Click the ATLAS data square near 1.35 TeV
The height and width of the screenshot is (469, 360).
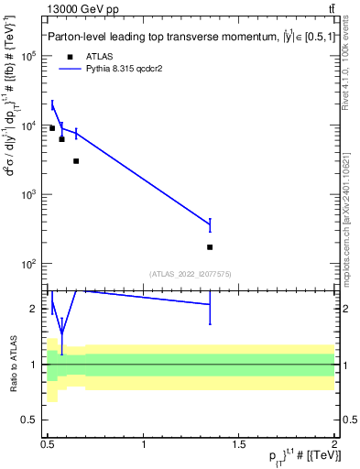click(210, 247)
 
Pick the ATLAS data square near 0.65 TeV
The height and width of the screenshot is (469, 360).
click(76, 161)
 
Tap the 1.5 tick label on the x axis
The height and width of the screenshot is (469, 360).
click(239, 445)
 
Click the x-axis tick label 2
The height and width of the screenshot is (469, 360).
click(334, 445)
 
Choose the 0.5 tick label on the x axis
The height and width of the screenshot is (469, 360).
click(48, 445)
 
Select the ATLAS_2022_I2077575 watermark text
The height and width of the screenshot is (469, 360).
click(191, 273)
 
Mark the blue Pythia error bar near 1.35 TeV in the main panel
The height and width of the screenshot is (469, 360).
click(210, 224)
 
